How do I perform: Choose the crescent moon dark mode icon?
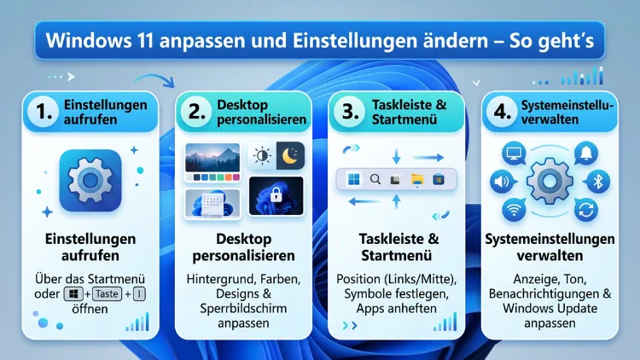[x=288, y=156]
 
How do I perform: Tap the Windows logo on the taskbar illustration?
[x=352, y=179]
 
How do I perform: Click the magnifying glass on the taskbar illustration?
[x=374, y=179]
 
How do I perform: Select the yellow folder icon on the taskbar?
[x=417, y=179]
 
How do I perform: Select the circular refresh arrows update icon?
[x=586, y=209]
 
